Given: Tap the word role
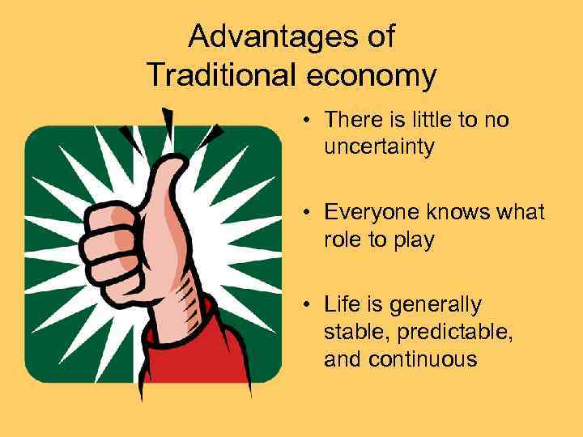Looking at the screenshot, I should point(342,240).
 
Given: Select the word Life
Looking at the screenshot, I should point(340,304).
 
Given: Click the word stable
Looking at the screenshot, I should point(351,332).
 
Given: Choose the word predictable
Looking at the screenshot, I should point(446,332).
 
